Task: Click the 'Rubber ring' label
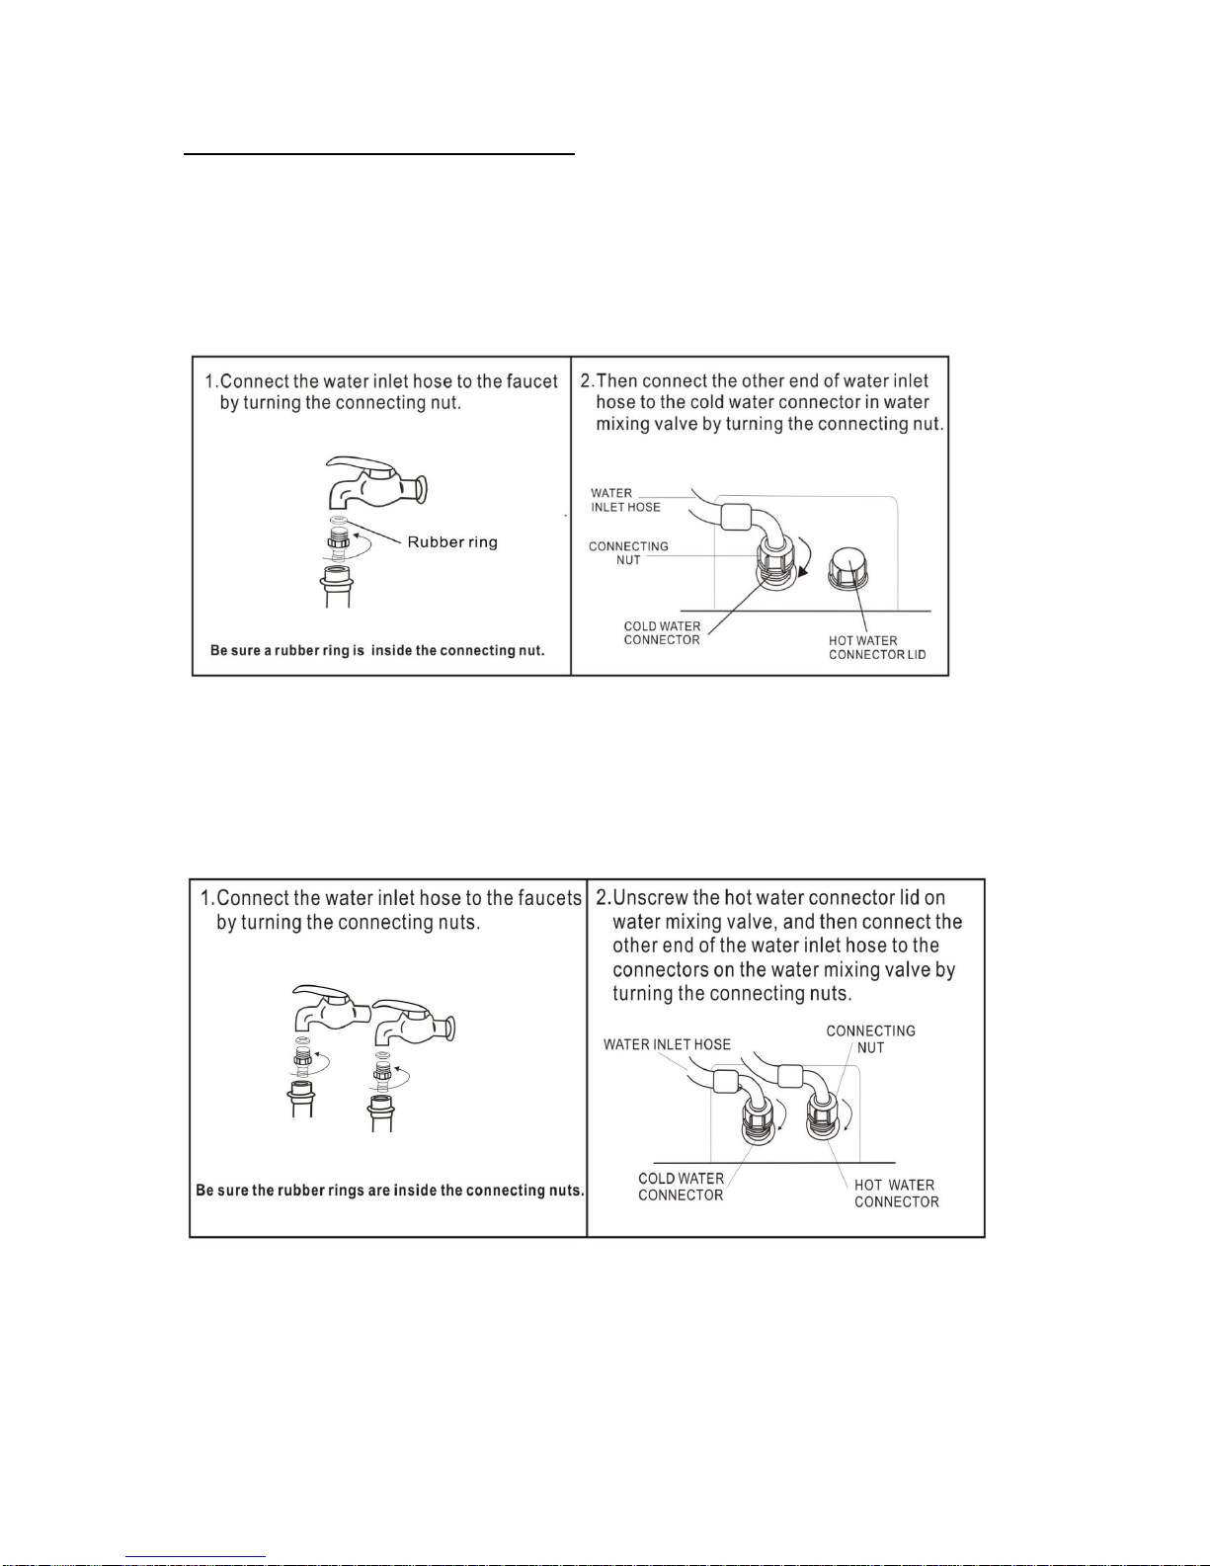point(452,542)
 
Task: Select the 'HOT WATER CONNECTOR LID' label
point(876,647)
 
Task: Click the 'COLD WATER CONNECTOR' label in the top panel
point(662,632)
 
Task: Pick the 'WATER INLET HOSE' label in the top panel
point(625,500)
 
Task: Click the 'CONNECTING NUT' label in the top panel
point(628,552)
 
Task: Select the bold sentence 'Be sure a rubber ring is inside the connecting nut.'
point(377,650)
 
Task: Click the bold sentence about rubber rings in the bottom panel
point(389,1190)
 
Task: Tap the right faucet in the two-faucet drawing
point(414,1022)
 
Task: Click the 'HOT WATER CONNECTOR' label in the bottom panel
point(897,1194)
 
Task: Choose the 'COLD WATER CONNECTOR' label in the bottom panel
point(681,1187)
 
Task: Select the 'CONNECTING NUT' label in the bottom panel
point(870,1039)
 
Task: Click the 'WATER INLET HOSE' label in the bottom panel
point(667,1044)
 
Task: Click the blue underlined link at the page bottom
point(196,1557)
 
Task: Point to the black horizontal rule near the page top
point(379,153)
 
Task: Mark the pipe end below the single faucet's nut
point(338,587)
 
